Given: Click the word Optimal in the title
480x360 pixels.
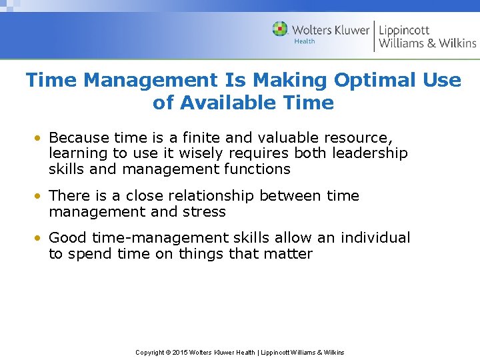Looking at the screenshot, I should tap(378, 81).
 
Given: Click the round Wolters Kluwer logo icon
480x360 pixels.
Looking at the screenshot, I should tap(280, 29).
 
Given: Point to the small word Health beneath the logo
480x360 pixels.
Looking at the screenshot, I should tap(305, 41).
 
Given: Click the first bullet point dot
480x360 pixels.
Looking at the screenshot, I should tap(41, 138).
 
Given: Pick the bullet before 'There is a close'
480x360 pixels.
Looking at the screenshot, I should tap(41, 196).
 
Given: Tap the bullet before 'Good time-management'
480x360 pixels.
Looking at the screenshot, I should tap(41, 238).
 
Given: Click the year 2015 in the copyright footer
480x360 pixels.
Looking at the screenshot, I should tap(180, 352).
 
